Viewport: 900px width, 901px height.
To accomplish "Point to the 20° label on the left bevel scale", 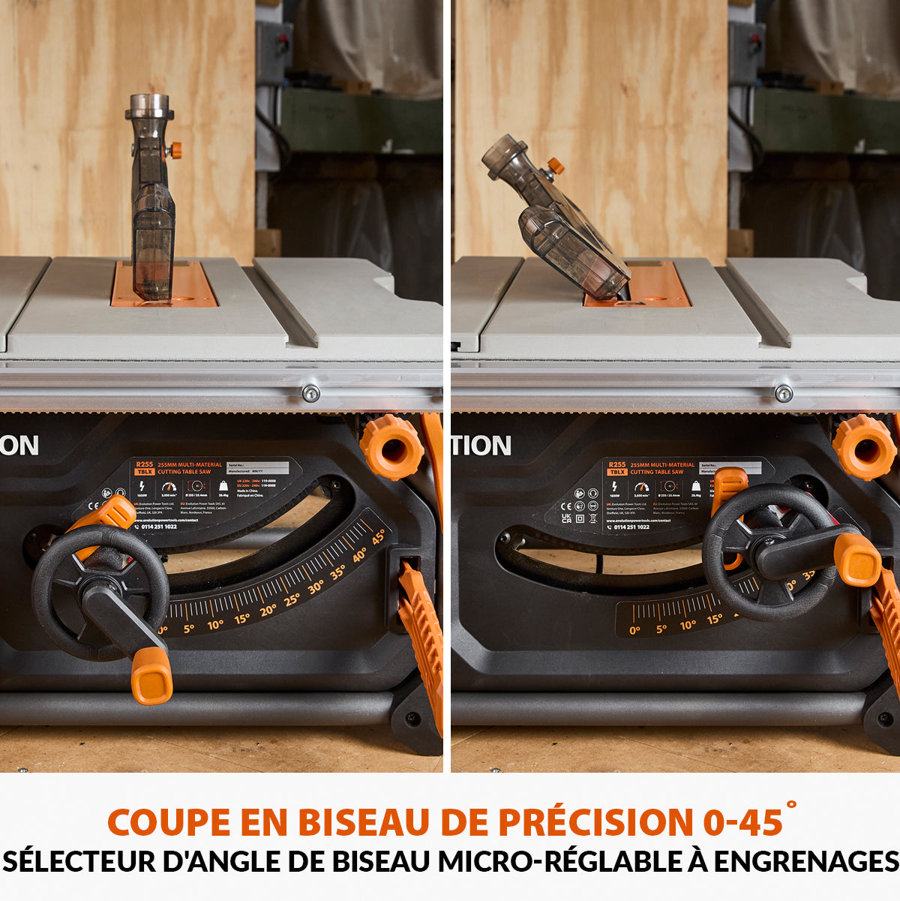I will (268, 611).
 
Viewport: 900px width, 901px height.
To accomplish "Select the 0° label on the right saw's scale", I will (634, 630).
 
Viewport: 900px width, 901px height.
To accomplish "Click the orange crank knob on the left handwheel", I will (151, 675).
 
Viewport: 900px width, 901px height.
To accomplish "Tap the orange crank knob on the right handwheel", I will (857, 560).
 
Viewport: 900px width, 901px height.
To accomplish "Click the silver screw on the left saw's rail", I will (310, 392).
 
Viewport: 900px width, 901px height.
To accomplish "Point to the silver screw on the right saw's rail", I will (784, 393).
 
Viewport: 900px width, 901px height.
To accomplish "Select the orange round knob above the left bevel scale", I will (391, 447).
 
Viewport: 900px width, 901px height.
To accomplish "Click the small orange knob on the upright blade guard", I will (175, 150).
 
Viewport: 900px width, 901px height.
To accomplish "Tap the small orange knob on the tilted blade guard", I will (555, 166).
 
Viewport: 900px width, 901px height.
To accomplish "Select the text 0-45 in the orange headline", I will (742, 822).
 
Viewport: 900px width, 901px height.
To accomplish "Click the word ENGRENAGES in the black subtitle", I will (805, 861).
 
